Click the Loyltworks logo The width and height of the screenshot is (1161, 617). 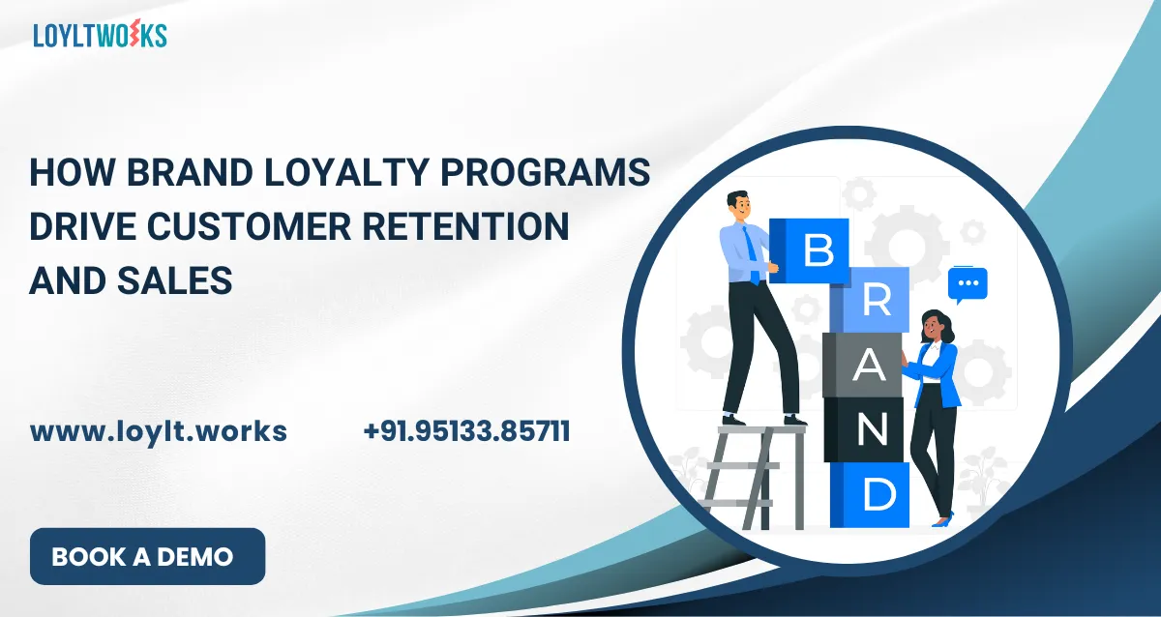click(100, 35)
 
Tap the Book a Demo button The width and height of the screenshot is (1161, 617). click(147, 556)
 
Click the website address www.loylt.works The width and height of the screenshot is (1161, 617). click(159, 431)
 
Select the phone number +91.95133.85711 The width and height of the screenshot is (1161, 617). click(466, 431)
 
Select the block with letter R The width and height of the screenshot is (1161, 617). click(873, 301)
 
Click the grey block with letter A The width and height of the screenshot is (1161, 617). click(864, 366)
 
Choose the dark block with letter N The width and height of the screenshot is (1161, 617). click(866, 429)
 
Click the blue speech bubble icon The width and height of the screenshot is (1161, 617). click(967, 283)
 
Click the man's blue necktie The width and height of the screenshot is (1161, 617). click(751, 253)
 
